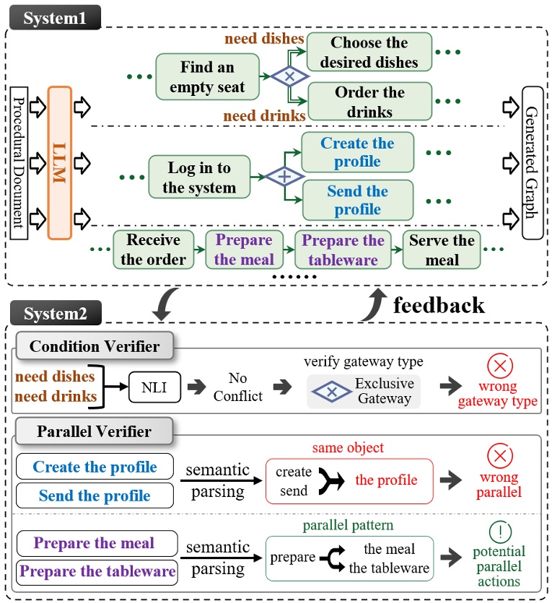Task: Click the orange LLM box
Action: tap(60, 163)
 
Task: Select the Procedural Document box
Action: tap(19, 163)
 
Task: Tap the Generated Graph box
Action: tap(533, 163)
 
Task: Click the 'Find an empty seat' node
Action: tap(207, 77)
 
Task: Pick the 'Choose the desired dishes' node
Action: tap(369, 52)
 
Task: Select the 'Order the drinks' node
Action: tap(369, 102)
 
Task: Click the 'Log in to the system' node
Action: tap(199, 177)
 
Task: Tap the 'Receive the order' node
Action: tap(154, 249)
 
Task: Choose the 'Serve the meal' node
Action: tap(442, 249)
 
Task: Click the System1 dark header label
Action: tap(55, 18)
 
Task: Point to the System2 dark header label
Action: tap(56, 313)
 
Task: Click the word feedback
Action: tap(439, 305)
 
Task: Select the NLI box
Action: tap(154, 387)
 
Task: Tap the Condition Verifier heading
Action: tap(95, 346)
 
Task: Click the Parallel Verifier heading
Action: tap(95, 431)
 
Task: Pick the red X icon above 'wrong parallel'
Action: tap(499, 456)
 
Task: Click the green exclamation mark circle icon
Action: tap(500, 532)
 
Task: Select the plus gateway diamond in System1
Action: tap(284, 177)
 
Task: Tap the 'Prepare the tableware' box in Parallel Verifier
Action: tap(97, 572)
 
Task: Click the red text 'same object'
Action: tap(348, 448)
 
